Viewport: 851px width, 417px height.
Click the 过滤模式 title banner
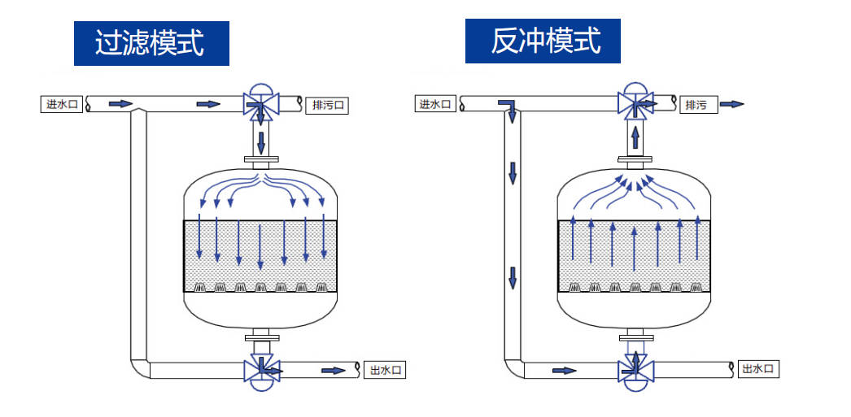[x=151, y=42]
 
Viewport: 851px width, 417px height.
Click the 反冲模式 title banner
[x=543, y=41]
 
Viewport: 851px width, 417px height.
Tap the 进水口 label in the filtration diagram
[x=63, y=104]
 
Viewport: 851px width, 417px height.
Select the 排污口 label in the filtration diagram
[x=327, y=105]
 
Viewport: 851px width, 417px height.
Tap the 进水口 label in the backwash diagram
[x=435, y=104]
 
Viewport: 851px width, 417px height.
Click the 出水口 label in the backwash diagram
[x=759, y=370]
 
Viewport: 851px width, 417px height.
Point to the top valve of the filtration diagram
[x=261, y=102]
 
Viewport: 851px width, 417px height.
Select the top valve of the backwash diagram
[x=635, y=102]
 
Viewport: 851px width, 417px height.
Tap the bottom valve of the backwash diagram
[x=635, y=371]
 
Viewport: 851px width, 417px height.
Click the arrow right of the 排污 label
[x=732, y=104]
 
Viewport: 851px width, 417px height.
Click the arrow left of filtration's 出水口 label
[x=333, y=371]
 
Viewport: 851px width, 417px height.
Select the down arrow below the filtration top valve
[x=261, y=142]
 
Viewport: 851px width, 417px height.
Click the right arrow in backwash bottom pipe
[x=564, y=371]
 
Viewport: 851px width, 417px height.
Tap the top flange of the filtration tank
[x=261, y=160]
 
